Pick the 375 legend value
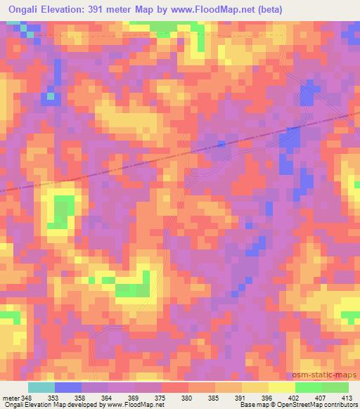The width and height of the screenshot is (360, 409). [x=160, y=398]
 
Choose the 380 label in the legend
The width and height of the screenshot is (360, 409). [x=187, y=398]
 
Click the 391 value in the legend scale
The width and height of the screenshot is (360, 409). [x=240, y=398]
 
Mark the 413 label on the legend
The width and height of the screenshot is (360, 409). [x=347, y=398]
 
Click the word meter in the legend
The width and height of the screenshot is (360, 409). [x=10, y=398]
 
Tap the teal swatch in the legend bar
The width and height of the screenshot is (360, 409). [x=41, y=387]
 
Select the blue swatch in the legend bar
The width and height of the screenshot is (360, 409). [x=68, y=387]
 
